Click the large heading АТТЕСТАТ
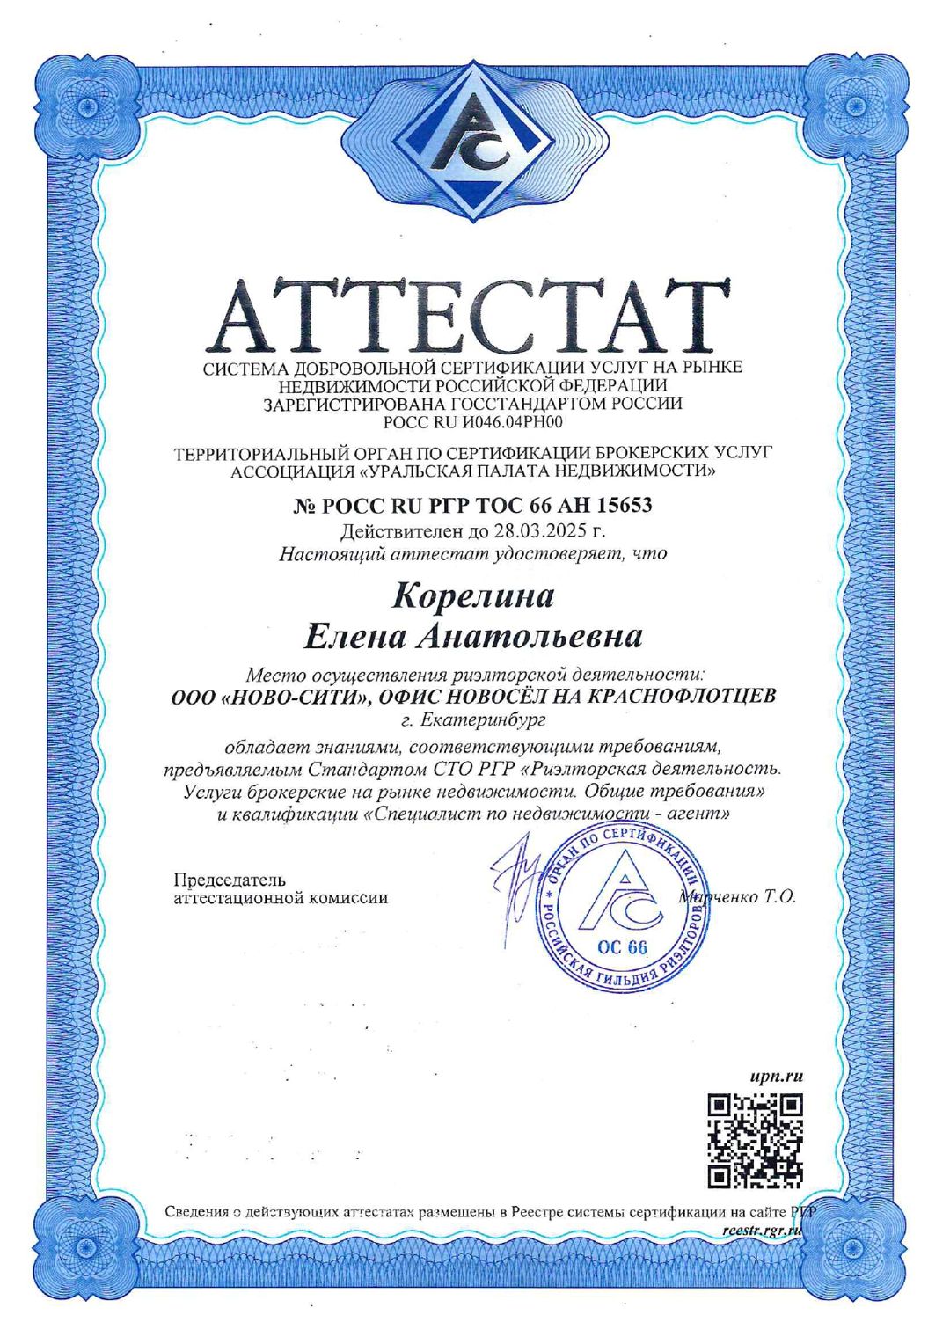coord(472,315)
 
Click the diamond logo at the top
coord(473,144)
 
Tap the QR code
coord(756,1141)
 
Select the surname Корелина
coord(472,596)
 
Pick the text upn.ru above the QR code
coord(778,1076)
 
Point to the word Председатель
coord(230,880)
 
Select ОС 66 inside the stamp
coord(621,947)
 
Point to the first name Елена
coord(354,636)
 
